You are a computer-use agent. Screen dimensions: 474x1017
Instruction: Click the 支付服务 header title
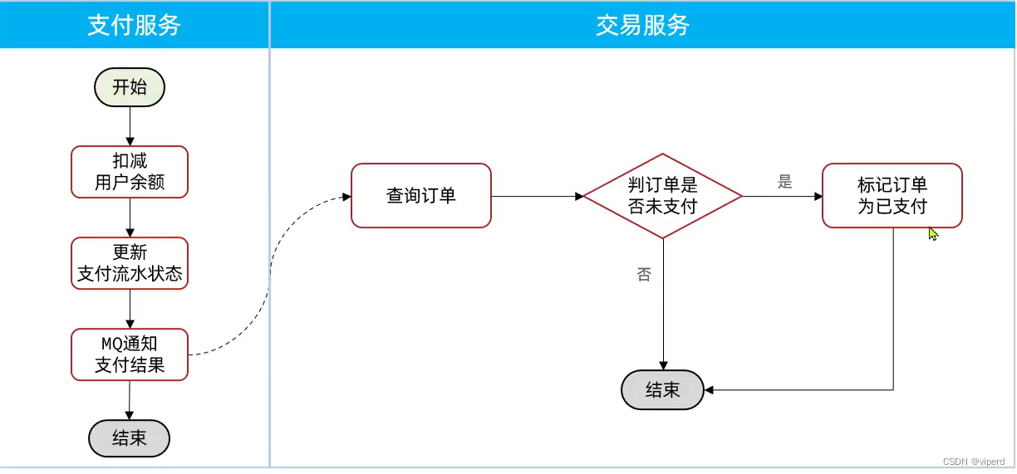[134, 25]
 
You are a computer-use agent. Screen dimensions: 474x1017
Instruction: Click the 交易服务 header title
[642, 25]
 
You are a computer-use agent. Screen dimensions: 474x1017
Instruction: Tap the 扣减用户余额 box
[130, 172]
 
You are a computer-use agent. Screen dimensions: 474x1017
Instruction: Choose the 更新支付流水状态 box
[130, 263]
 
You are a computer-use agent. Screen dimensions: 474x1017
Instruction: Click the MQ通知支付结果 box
[130, 354]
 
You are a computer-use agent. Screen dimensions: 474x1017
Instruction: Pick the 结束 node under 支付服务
[130, 437]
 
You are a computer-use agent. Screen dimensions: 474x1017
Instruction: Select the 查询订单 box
[421, 196]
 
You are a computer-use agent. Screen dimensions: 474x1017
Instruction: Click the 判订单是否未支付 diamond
[662, 196]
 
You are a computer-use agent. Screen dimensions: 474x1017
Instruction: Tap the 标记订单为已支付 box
[892, 196]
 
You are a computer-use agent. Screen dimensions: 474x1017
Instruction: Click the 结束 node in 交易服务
[662, 390]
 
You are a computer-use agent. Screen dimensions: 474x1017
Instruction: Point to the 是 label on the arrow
[785, 182]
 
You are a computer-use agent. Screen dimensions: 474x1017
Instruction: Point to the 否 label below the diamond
[644, 275]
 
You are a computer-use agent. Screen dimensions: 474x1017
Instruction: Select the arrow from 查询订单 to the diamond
[537, 197]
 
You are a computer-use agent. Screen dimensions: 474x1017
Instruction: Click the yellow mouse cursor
[933, 234]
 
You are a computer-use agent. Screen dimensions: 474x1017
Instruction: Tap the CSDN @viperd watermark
[974, 461]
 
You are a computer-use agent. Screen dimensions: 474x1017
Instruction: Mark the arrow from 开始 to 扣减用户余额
[130, 126]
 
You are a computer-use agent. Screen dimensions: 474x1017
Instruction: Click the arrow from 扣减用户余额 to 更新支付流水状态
[130, 217]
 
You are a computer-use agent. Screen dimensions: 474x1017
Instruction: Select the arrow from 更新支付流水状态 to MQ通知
[130, 309]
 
